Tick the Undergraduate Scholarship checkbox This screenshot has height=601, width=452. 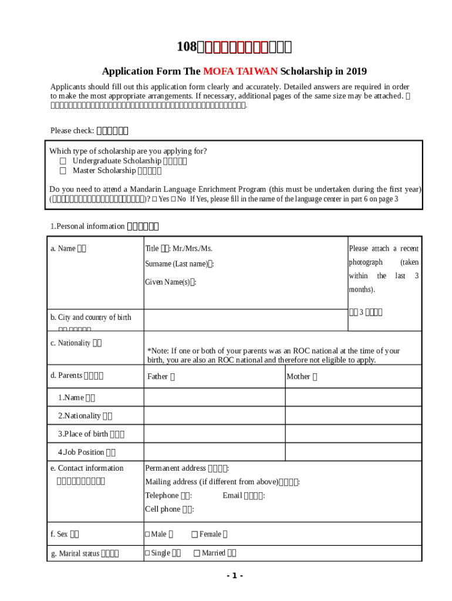pyautogui.click(x=63, y=161)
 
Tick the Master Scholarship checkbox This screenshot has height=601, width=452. pyautogui.click(x=63, y=171)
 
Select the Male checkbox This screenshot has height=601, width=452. pyautogui.click(x=148, y=534)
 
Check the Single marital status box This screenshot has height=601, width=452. pyautogui.click(x=148, y=553)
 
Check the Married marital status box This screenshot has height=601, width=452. pyautogui.click(x=197, y=553)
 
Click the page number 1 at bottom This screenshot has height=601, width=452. pyautogui.click(x=234, y=575)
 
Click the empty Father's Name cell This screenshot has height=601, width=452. pyautogui.click(x=214, y=397)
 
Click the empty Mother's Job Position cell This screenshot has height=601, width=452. pyautogui.click(x=353, y=452)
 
